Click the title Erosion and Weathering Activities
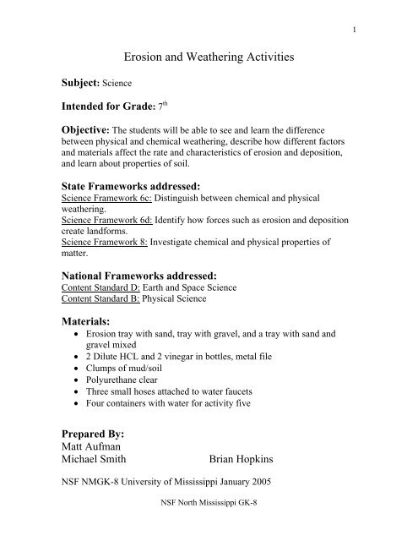pos(209,57)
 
